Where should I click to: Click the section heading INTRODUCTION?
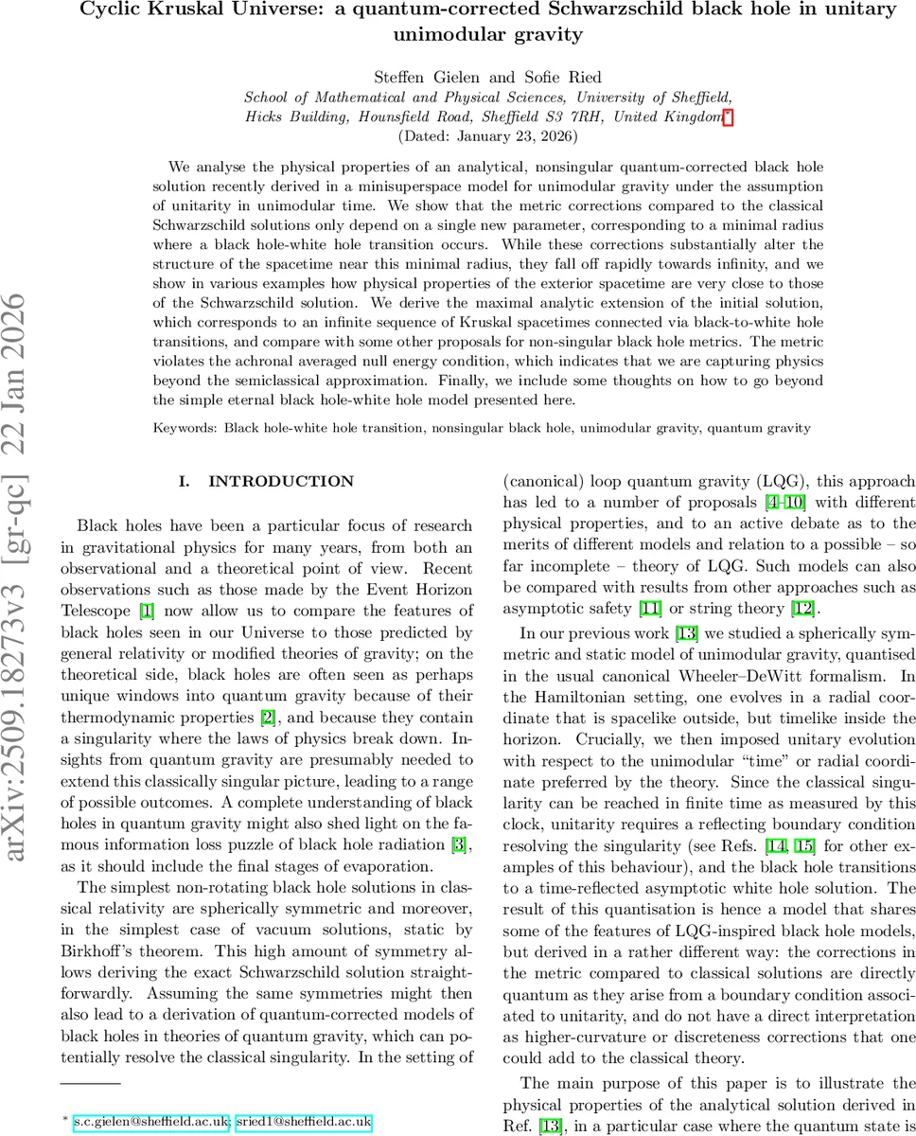point(281,481)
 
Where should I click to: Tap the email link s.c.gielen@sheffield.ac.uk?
point(151,1122)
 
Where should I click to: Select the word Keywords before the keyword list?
point(185,428)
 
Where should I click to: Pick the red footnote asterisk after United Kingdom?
point(727,115)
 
